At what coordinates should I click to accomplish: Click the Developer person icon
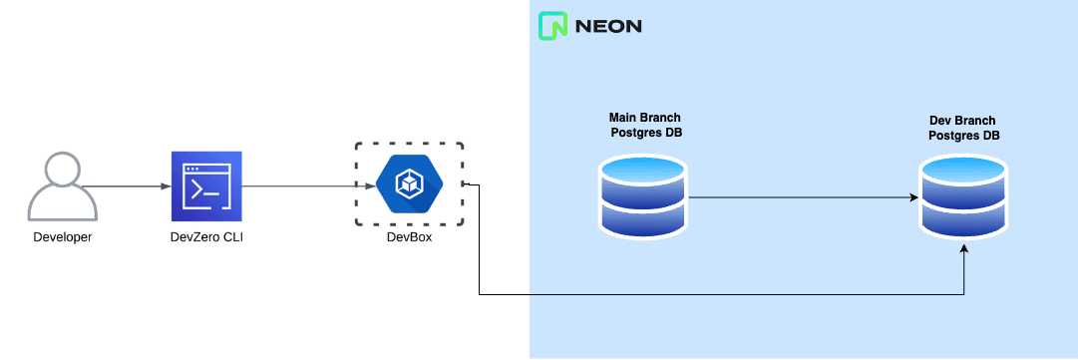click(x=62, y=186)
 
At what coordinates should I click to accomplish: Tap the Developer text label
click(x=62, y=236)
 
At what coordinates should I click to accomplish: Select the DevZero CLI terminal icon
click(x=206, y=186)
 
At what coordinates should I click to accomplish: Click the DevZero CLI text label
click(x=206, y=236)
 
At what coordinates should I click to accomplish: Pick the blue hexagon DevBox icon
click(x=409, y=185)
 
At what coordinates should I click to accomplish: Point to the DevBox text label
click(x=409, y=236)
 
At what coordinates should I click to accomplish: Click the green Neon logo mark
click(x=551, y=26)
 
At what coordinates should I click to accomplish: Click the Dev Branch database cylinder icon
click(x=964, y=197)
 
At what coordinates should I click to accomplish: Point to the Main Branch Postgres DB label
click(x=645, y=125)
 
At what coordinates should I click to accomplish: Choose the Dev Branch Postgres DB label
click(x=963, y=128)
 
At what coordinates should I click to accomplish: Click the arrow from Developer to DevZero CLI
click(x=128, y=186)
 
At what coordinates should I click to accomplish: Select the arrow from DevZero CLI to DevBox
click(x=299, y=186)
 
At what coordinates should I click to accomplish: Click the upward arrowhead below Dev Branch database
click(x=964, y=253)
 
